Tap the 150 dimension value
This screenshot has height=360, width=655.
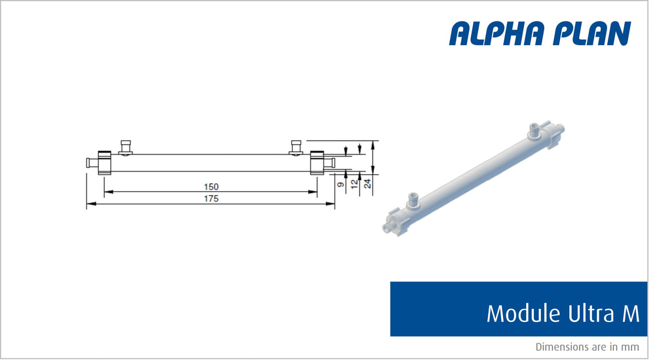(x=210, y=187)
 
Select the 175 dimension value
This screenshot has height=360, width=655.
(x=210, y=198)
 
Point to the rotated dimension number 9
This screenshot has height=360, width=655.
(x=341, y=185)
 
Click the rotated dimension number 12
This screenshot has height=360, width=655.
(x=354, y=185)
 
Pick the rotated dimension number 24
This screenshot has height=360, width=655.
(x=368, y=185)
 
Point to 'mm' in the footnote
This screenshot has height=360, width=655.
(x=631, y=347)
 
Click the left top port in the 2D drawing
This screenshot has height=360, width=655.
(x=126, y=147)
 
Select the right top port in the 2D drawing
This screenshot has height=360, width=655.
(x=296, y=147)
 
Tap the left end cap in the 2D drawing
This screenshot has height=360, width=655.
(x=104, y=162)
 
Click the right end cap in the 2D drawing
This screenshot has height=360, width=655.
(x=317, y=162)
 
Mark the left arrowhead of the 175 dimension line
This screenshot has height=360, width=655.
(x=90, y=204)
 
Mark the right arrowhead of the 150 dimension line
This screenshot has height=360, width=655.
(x=314, y=192)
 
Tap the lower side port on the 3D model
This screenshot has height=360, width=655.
(x=413, y=198)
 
